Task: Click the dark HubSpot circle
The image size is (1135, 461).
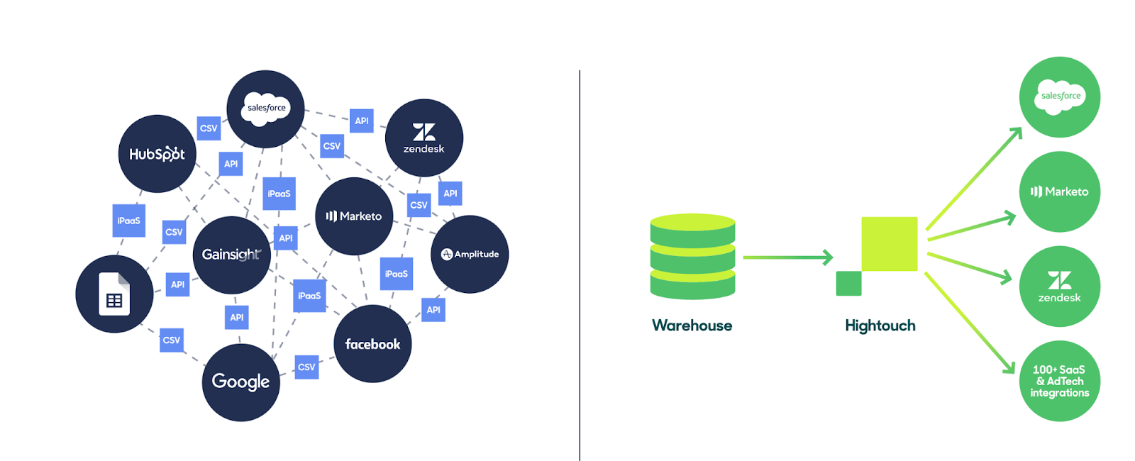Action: pyautogui.click(x=157, y=153)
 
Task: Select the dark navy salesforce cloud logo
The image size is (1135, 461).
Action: pyautogui.click(x=265, y=109)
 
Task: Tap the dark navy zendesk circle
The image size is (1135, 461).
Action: pyautogui.click(x=424, y=138)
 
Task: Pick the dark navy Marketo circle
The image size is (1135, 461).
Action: pyautogui.click(x=354, y=216)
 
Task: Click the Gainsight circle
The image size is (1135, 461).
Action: pyautogui.click(x=231, y=255)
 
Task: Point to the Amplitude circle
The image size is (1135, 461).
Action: pyautogui.click(x=470, y=255)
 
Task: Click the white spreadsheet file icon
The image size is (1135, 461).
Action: pyautogui.click(x=114, y=294)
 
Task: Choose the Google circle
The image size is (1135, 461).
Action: pyautogui.click(x=240, y=382)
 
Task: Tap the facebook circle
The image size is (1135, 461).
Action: pyautogui.click(x=373, y=344)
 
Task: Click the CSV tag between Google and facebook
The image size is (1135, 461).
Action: pyautogui.click(x=306, y=367)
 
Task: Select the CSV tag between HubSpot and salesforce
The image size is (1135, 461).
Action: pyautogui.click(x=209, y=128)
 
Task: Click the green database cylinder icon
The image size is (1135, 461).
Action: pyautogui.click(x=692, y=256)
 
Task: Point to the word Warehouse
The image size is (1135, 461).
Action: pyautogui.click(x=692, y=326)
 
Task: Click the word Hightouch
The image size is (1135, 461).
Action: pyautogui.click(x=880, y=326)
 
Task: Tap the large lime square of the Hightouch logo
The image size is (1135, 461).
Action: pyautogui.click(x=890, y=244)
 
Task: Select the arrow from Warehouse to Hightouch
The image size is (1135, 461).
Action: pyautogui.click(x=788, y=257)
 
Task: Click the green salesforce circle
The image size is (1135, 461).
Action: pyautogui.click(x=1060, y=96)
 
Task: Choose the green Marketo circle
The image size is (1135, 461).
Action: pyautogui.click(x=1060, y=191)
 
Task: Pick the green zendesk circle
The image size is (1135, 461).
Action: pyautogui.click(x=1060, y=287)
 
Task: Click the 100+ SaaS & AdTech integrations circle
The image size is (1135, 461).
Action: pyautogui.click(x=1060, y=381)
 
